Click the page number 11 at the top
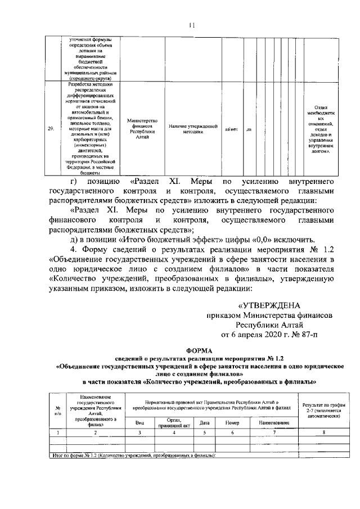[x=191, y=24]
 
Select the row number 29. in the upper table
[x=50, y=129]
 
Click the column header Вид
[x=141, y=422]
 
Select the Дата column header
[x=205, y=422]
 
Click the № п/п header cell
[x=57, y=410]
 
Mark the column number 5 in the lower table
[x=205, y=432]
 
